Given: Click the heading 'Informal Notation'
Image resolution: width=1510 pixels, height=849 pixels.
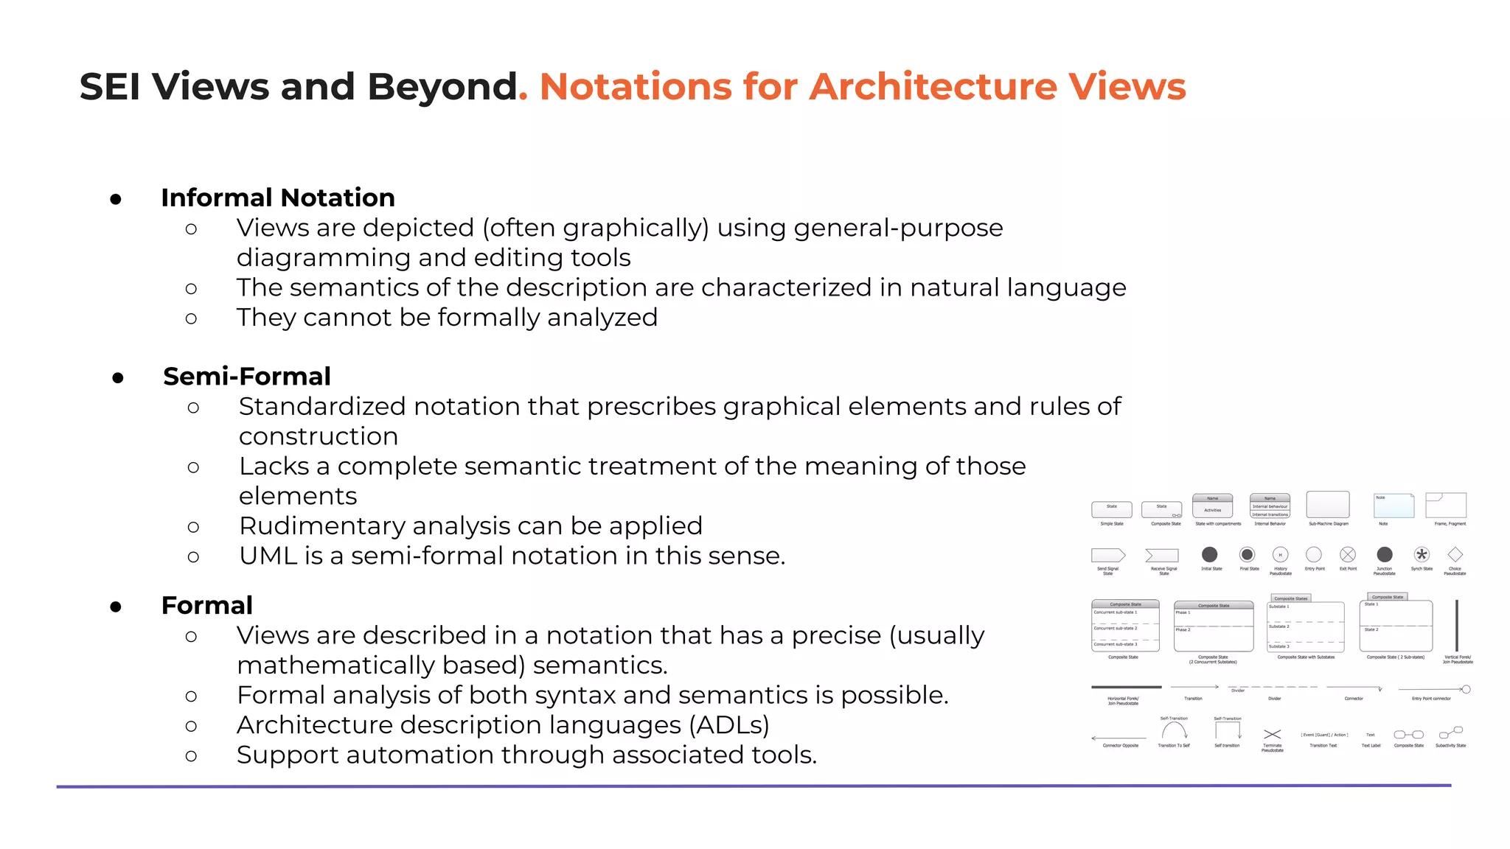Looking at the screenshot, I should tap(277, 198).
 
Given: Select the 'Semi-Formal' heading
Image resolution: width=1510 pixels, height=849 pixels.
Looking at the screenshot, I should tap(246, 377).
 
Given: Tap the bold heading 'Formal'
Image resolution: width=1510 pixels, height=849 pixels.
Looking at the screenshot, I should tap(206, 605).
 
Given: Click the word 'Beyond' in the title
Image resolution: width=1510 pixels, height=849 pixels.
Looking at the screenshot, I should tap(442, 86).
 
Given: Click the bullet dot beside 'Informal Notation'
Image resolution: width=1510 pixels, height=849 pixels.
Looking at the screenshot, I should tap(116, 199).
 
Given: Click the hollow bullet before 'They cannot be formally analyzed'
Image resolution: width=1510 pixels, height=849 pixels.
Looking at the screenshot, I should tap(191, 319).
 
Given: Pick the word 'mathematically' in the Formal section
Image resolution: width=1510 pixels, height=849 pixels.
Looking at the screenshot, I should tap(335, 665).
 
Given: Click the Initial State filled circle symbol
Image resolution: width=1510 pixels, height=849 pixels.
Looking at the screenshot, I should tap(1209, 554).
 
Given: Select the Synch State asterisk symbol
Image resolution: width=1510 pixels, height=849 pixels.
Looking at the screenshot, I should tap(1422, 554).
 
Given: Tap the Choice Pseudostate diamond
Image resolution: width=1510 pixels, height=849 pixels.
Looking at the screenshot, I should tap(1455, 554).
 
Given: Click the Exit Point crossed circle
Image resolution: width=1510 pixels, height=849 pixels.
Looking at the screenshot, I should tap(1348, 554).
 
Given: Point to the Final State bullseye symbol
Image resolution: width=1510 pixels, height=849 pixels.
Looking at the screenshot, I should tap(1247, 554).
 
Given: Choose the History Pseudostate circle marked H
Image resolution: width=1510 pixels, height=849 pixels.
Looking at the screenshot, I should tap(1280, 554).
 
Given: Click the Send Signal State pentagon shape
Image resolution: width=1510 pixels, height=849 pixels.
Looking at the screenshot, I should tap(1108, 555).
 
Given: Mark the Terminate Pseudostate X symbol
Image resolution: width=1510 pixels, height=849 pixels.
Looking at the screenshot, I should tap(1272, 734).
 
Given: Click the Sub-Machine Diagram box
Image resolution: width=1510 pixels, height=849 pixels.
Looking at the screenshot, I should tap(1327, 505).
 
